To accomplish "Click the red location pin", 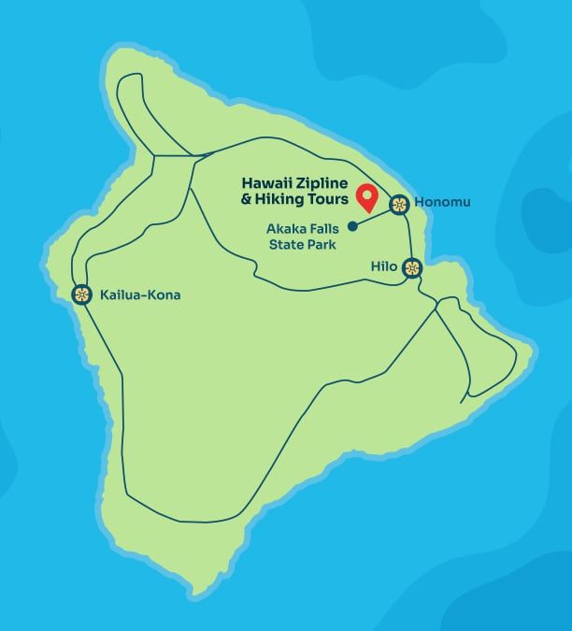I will [x=367, y=197].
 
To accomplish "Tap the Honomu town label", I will [x=443, y=203].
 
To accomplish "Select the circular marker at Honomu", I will [x=400, y=204].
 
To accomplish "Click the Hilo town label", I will [x=383, y=266].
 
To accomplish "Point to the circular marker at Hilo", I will [x=412, y=268].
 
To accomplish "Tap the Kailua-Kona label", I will [x=139, y=295].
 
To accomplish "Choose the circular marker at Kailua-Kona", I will [x=81, y=295].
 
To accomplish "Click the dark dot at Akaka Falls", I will [x=352, y=225].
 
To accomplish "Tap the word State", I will [x=285, y=245].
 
